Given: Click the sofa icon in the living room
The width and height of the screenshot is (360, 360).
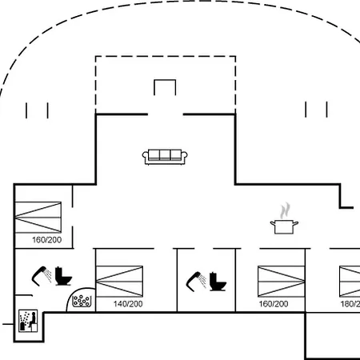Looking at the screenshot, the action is (165, 157).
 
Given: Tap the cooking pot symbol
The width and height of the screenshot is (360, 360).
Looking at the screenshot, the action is (284, 227).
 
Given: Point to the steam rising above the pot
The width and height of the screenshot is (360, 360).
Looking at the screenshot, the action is (285, 210).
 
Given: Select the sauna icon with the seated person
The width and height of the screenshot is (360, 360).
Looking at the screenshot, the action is (28, 321).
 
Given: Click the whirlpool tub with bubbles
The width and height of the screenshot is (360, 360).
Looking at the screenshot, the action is (82, 301).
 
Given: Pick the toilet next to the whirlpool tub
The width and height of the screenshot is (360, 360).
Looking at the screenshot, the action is (63, 276).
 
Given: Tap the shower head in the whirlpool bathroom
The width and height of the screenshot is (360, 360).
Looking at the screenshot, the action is (42, 276).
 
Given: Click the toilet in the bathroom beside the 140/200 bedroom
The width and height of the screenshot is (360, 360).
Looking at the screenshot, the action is (218, 282).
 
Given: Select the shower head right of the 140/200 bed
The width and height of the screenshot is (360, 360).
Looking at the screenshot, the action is (196, 282).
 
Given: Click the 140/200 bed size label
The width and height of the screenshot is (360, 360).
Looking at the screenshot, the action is (128, 304).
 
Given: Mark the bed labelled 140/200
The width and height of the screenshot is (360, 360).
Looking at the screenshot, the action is (119, 281).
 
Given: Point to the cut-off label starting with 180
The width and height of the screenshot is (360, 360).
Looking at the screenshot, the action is (350, 304).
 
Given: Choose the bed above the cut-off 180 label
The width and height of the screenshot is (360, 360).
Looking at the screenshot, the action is (350, 281).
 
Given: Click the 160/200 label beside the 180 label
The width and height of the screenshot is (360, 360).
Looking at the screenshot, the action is (274, 304).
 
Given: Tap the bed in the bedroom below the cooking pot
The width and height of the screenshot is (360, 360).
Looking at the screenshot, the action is (282, 281).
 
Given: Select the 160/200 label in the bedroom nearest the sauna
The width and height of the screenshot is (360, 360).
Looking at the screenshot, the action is (46, 240).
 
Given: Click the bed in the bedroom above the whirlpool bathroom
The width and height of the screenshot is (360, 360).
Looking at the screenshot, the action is (38, 218).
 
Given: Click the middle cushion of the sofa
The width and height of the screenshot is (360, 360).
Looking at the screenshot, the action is (165, 154).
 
